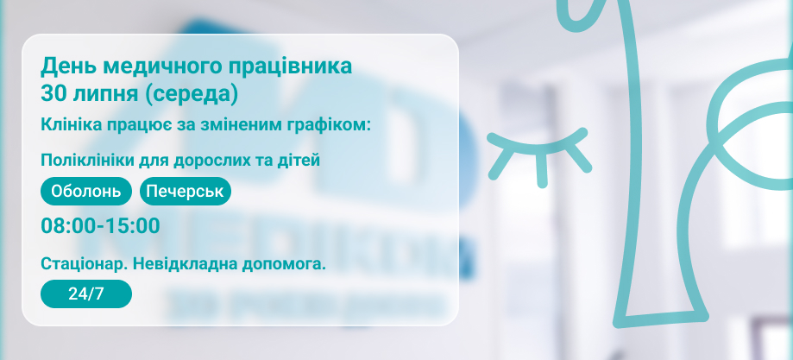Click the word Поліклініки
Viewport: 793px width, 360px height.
80,161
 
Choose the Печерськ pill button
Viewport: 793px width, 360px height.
186,192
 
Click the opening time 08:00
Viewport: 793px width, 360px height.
68,226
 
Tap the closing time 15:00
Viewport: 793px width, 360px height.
133,226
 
